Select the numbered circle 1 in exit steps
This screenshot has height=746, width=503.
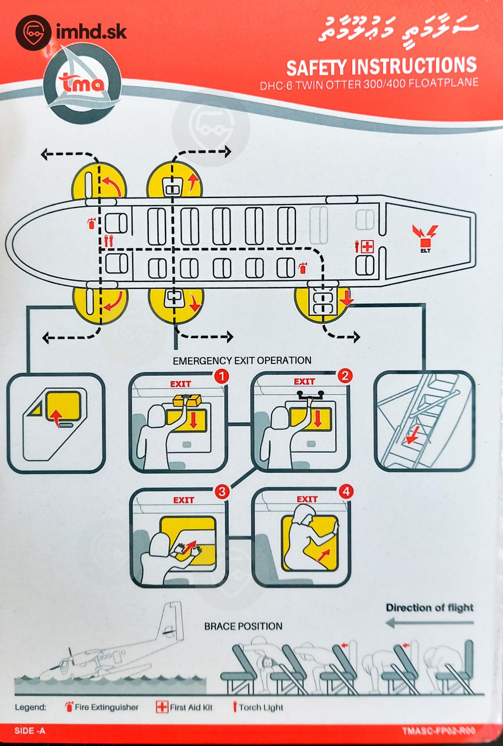pyautogui.click(x=222, y=376)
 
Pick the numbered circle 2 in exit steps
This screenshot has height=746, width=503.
pyautogui.click(x=344, y=375)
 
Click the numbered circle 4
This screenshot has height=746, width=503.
pyautogui.click(x=346, y=491)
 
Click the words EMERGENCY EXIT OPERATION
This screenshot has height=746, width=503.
pyautogui.click(x=242, y=361)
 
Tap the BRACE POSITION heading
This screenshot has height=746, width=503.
pyautogui.click(x=243, y=626)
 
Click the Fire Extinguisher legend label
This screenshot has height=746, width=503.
pyautogui.click(x=107, y=707)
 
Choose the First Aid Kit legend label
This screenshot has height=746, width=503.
pyautogui.click(x=191, y=708)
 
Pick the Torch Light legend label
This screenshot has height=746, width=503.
pyautogui.click(x=261, y=708)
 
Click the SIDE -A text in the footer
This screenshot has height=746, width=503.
pyautogui.click(x=30, y=731)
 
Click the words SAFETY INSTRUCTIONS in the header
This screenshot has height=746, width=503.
pyautogui.click(x=381, y=67)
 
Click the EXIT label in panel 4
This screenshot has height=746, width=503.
pyautogui.click(x=307, y=499)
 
